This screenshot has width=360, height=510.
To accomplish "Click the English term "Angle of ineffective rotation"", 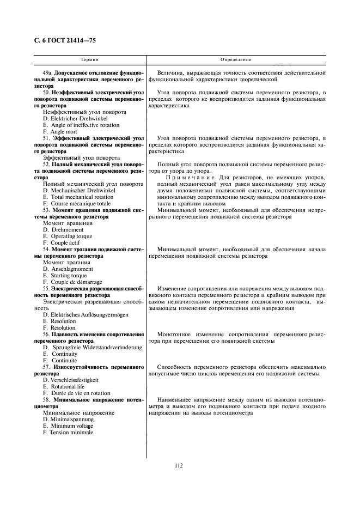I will (x=81, y=125).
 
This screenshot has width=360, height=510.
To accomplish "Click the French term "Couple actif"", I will (x=61, y=242).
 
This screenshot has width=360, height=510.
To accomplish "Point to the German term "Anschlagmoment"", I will (x=70, y=269).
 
